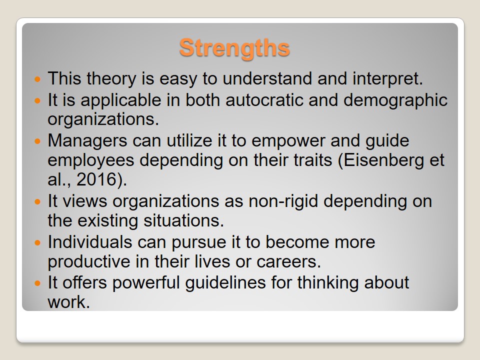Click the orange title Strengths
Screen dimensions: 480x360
(x=234, y=48)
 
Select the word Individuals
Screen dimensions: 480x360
(x=90, y=242)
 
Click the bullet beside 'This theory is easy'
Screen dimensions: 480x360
(x=37, y=79)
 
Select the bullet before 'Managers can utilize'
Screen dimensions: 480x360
(x=37, y=141)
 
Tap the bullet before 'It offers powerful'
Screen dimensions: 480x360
(x=37, y=283)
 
